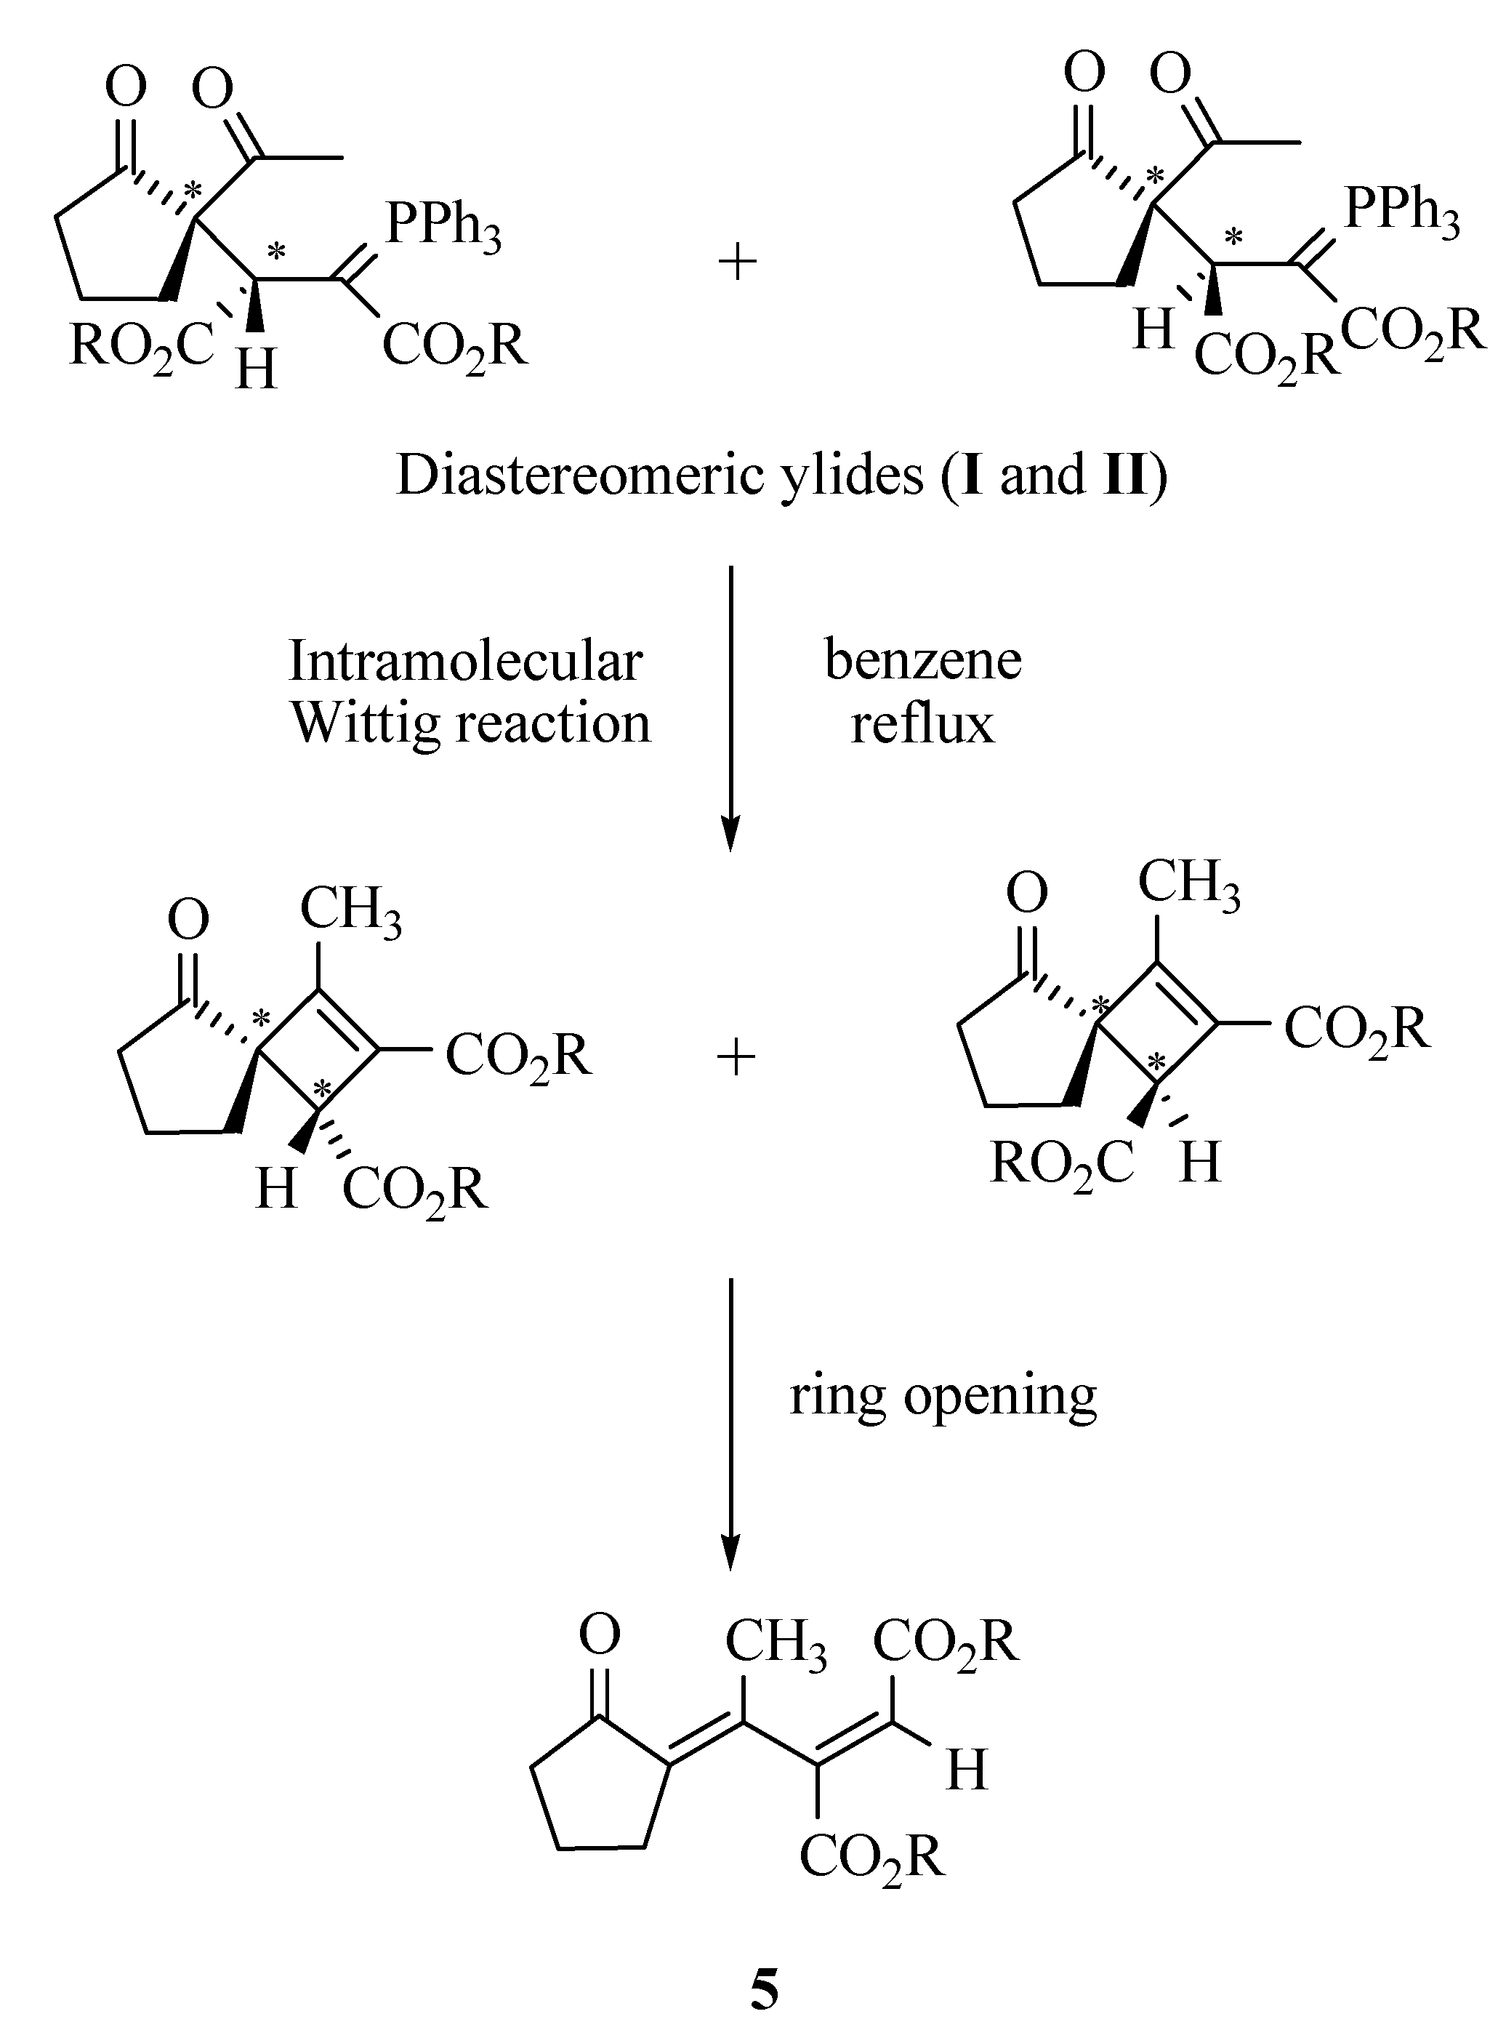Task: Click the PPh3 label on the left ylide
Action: (442, 225)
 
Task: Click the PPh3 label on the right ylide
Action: (1401, 212)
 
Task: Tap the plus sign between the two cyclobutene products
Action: (735, 1059)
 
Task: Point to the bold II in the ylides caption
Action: (1124, 476)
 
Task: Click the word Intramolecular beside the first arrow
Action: (465, 662)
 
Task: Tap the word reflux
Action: (922, 724)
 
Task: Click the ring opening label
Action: (943, 1396)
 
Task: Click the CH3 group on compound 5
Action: (775, 1641)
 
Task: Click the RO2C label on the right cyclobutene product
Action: (1062, 1164)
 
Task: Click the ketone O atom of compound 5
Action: (600, 1634)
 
